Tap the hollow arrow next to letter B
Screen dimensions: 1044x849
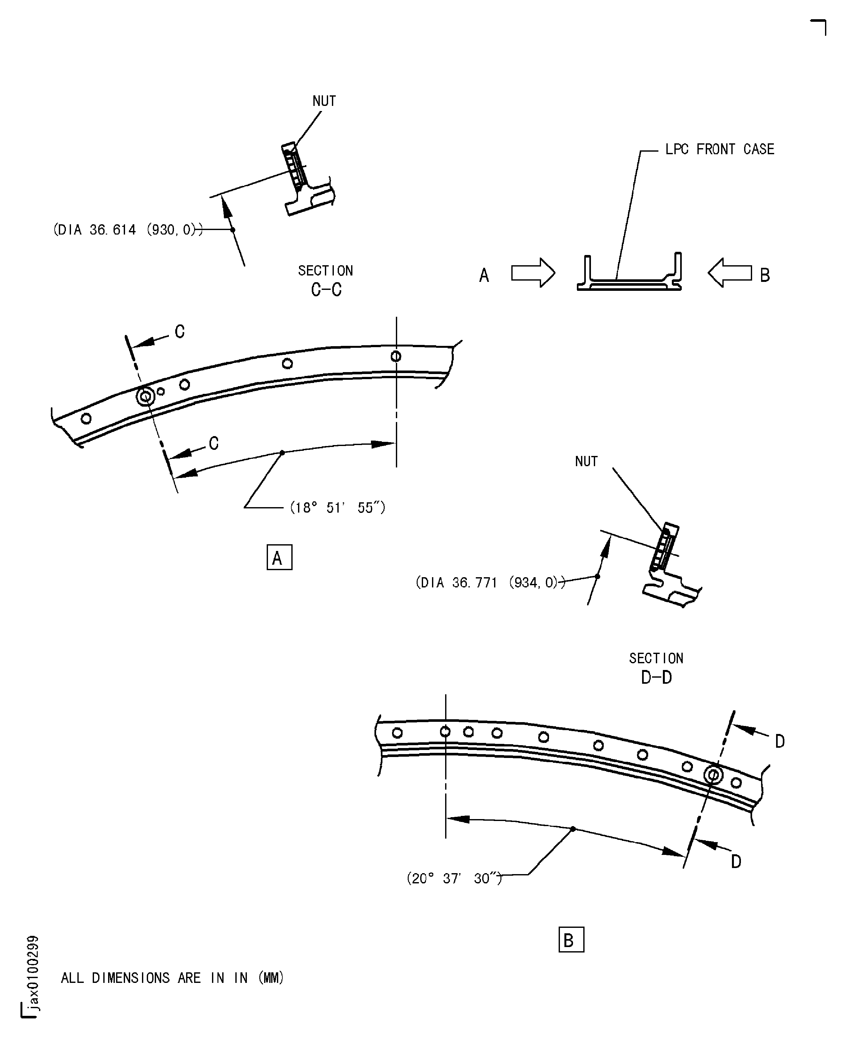click(x=730, y=273)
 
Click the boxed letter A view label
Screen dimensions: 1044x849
click(x=279, y=557)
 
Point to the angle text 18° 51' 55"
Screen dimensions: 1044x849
click(x=337, y=508)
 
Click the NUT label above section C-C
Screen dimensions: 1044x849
click(x=324, y=101)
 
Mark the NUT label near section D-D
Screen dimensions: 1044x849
click(x=586, y=462)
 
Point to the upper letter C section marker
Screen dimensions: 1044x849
click(x=179, y=332)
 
